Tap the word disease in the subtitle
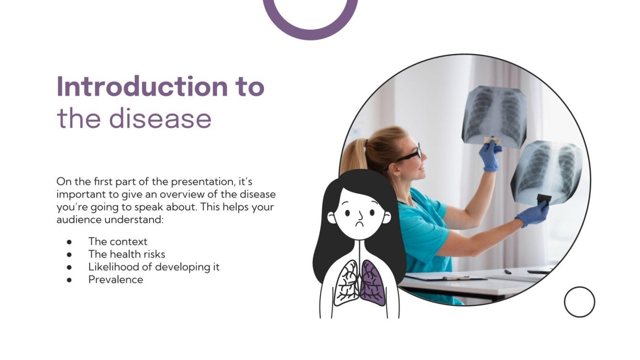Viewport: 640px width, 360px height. [160, 119]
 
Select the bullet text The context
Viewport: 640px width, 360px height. [118, 241]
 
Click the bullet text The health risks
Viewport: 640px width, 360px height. [127, 254]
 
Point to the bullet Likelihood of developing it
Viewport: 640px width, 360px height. [154, 267]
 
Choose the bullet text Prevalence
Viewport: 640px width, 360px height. [115, 280]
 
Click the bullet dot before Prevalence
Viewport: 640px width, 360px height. [69, 280]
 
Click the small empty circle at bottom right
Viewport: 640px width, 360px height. [579, 302]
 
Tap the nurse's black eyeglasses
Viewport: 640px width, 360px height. [410, 155]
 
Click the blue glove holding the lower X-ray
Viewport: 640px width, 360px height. [532, 213]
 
